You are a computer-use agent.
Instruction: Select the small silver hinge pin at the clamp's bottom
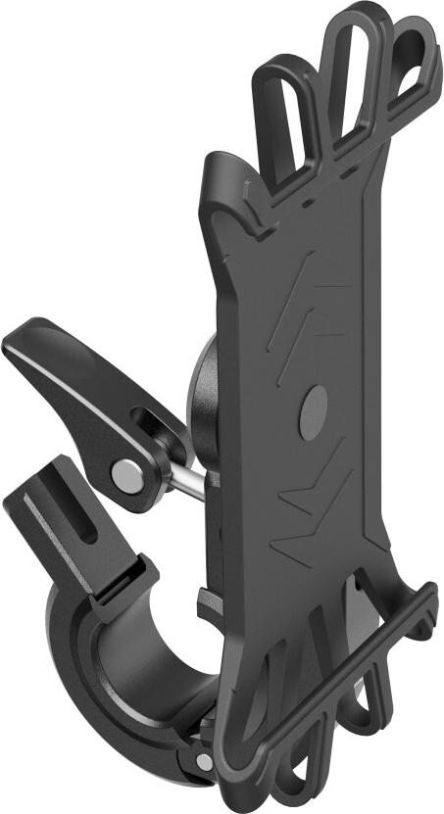(x=204, y=761)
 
